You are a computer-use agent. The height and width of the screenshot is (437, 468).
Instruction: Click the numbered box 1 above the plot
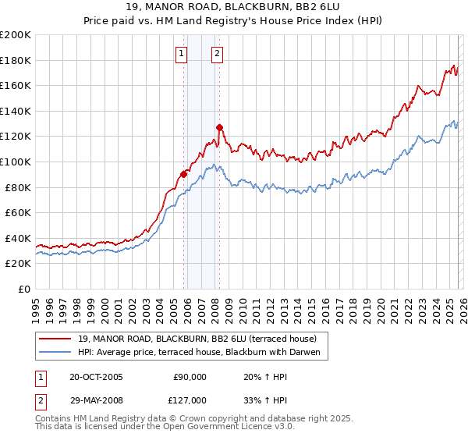[181, 54]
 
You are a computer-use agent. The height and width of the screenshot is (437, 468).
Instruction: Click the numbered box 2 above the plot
[216, 54]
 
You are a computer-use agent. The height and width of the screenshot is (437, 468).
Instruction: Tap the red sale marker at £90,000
[184, 174]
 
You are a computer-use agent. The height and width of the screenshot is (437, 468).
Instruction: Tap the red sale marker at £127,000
[220, 127]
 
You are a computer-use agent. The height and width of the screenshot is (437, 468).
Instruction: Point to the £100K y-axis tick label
[16, 162]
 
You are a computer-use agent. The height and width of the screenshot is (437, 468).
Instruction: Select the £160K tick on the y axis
[16, 86]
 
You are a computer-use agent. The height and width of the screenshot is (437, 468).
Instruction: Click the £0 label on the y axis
[25, 289]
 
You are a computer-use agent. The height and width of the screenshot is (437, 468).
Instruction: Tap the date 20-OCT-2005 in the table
[97, 377]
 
